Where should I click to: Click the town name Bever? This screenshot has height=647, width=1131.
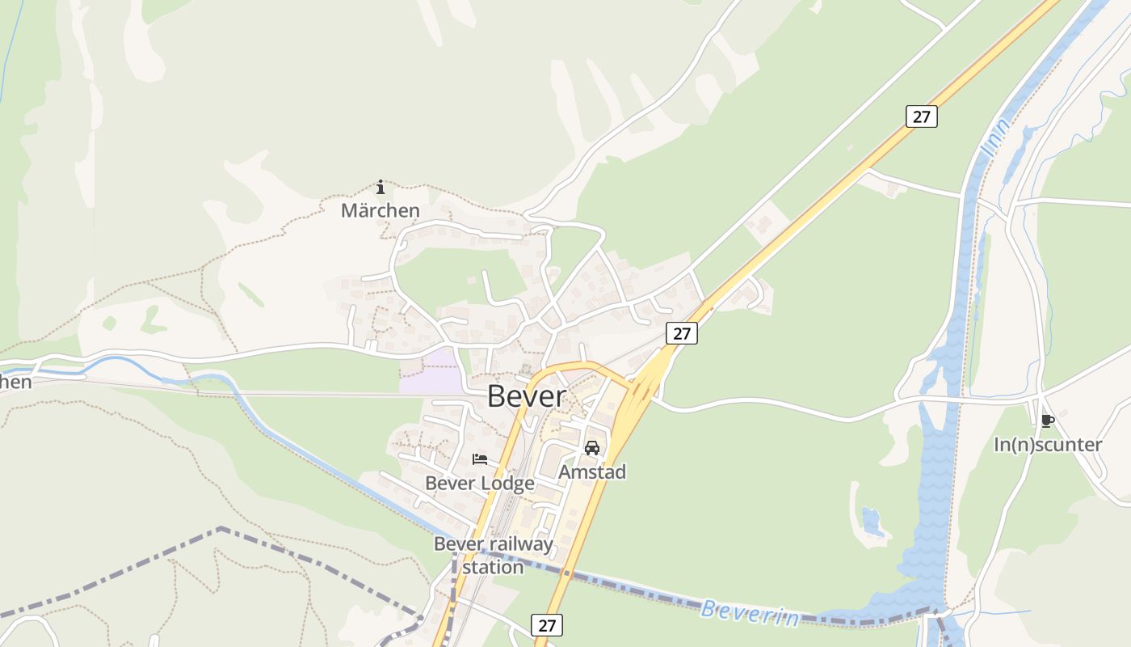point(527,396)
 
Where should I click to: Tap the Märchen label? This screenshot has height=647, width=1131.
point(380,210)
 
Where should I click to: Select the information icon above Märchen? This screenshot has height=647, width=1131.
point(381,188)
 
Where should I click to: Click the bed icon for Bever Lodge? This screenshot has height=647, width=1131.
point(480,459)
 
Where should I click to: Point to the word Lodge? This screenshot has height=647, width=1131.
point(508,484)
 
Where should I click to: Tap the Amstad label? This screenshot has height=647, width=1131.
point(592,472)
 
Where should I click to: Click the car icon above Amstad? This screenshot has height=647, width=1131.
point(592,448)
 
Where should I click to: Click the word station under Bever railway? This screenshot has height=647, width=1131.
point(493,567)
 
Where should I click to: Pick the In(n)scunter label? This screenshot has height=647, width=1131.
point(1048,444)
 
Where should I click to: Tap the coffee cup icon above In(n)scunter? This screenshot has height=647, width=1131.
point(1048,421)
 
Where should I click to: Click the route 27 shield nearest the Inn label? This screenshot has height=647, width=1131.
point(921,116)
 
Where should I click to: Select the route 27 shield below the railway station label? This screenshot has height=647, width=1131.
point(547,624)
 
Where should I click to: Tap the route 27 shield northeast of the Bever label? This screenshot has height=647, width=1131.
point(682,332)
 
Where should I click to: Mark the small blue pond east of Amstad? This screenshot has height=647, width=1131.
point(872,521)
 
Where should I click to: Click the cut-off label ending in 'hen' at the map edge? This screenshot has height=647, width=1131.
point(15,381)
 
